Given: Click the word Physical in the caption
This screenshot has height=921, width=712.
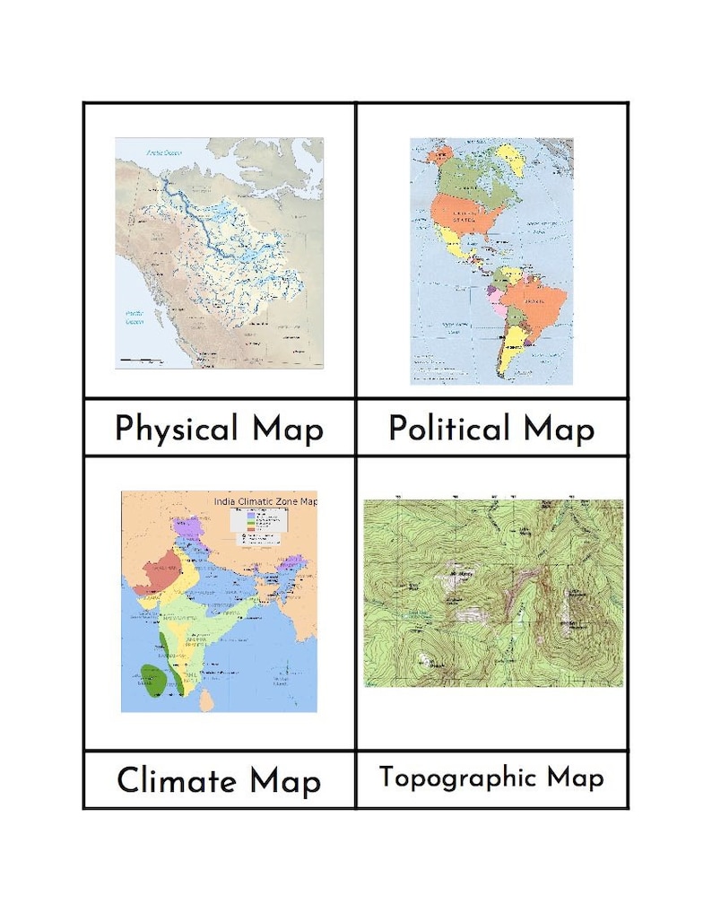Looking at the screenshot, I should (x=177, y=429).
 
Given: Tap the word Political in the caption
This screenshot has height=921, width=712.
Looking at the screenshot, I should (x=448, y=429).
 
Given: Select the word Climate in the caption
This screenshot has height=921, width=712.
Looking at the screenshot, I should (x=177, y=780).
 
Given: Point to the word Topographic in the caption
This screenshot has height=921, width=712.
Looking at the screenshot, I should (x=456, y=777).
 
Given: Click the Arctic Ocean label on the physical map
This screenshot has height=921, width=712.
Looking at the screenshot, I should (x=164, y=152).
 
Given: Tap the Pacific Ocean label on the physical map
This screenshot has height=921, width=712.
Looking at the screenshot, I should (x=134, y=316).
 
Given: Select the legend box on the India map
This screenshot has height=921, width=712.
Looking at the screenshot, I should (x=259, y=527).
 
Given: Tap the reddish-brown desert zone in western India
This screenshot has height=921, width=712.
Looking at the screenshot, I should (x=159, y=573).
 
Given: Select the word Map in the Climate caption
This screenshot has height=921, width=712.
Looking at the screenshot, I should (x=284, y=780).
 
